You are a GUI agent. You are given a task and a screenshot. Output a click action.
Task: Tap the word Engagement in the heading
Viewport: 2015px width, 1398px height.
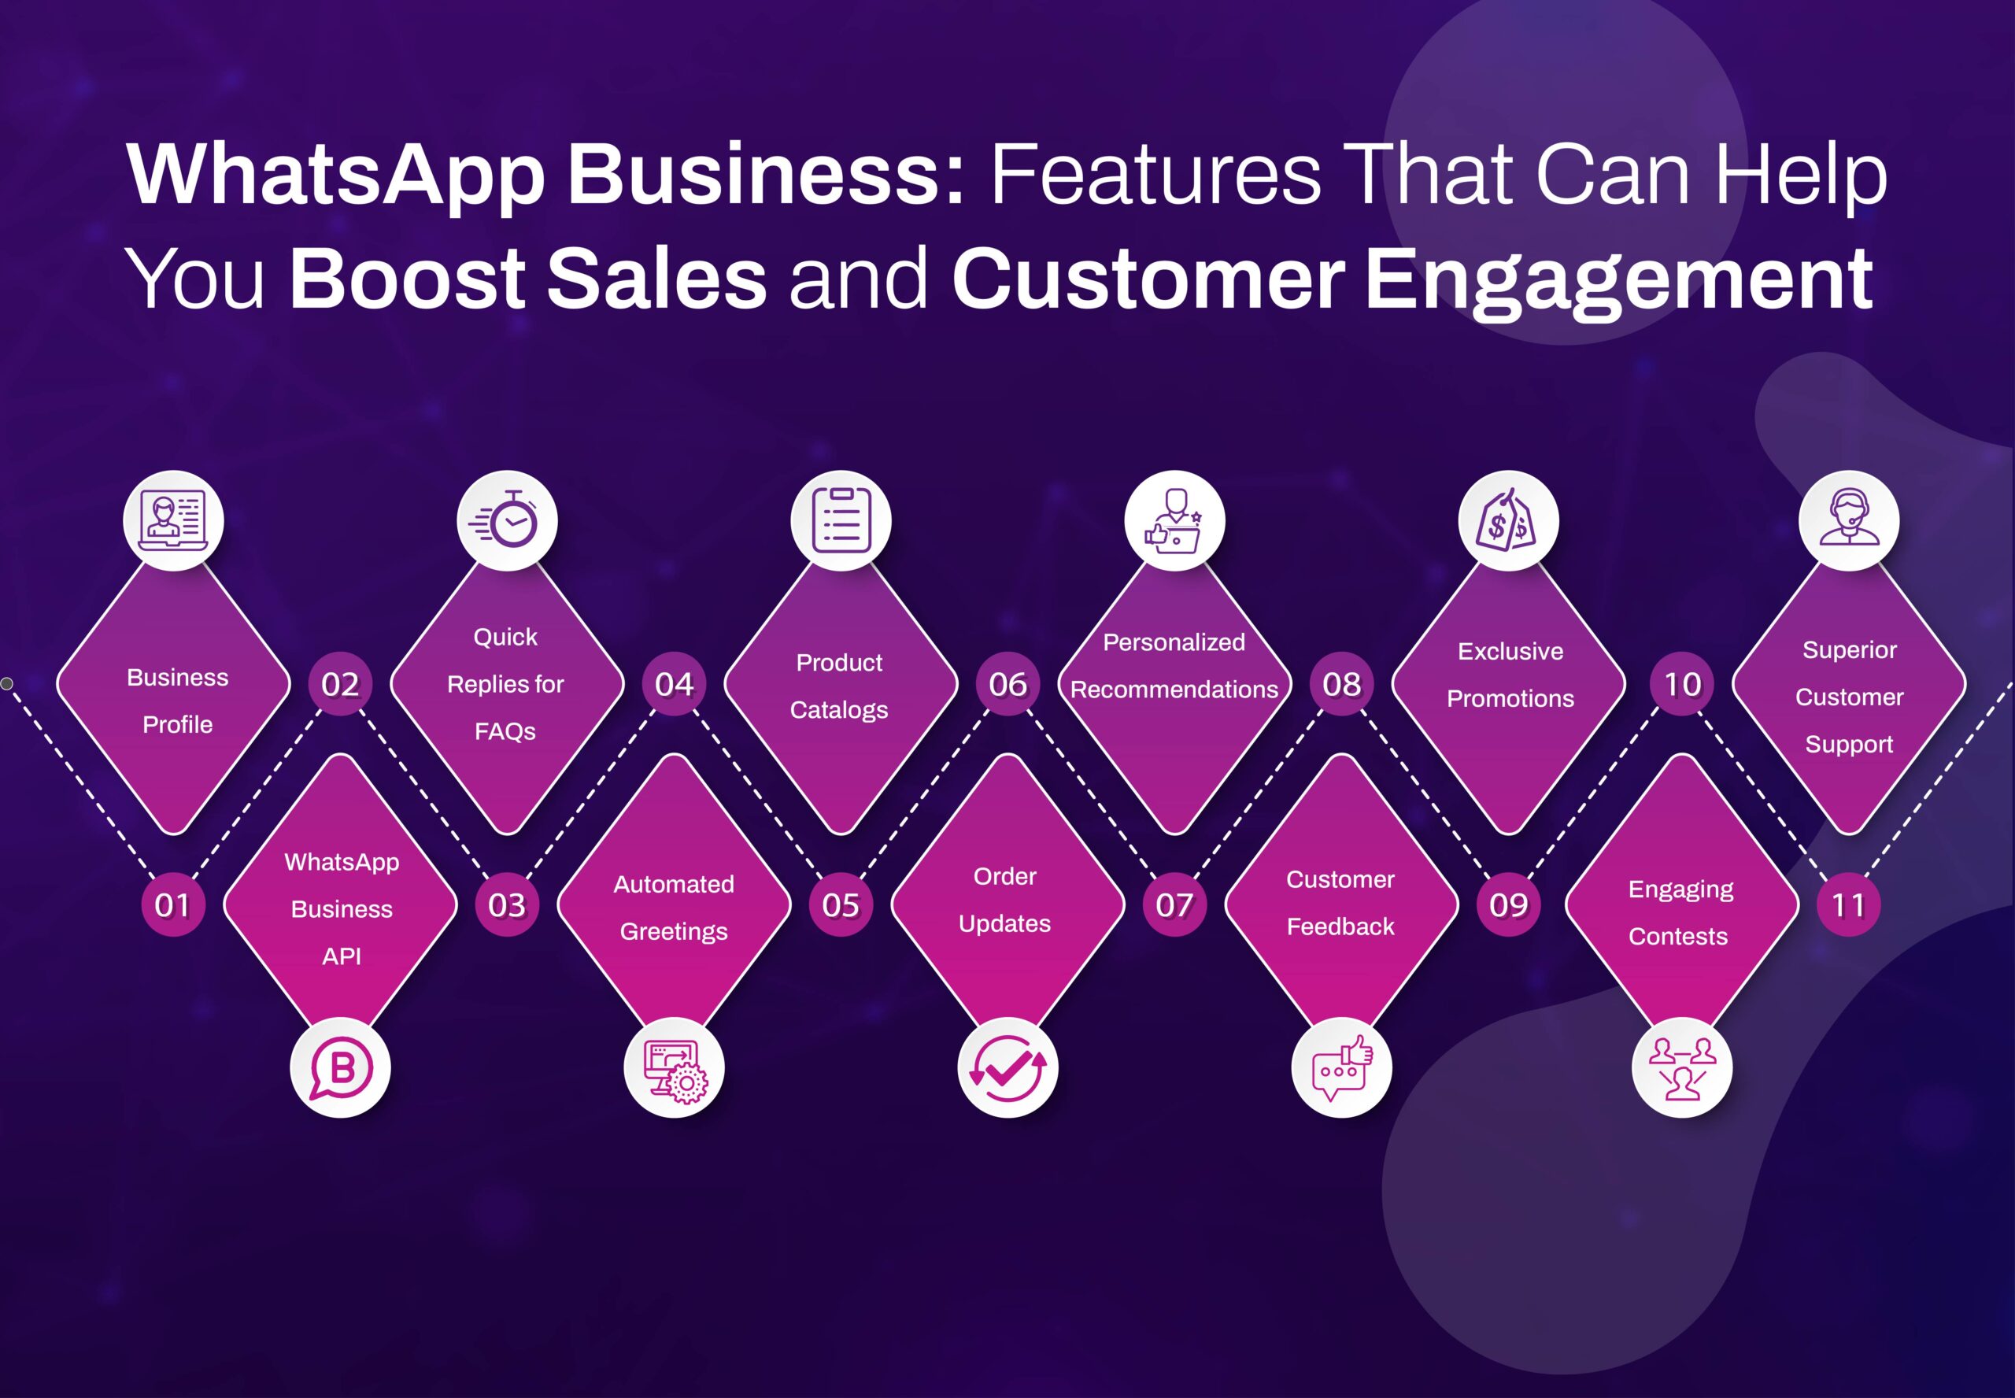pyautogui.click(x=1618, y=280)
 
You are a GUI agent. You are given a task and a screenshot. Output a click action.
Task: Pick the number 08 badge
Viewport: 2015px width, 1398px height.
pyautogui.click(x=1341, y=683)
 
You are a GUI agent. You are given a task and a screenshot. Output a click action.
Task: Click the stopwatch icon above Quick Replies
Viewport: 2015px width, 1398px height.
pyautogui.click(x=507, y=520)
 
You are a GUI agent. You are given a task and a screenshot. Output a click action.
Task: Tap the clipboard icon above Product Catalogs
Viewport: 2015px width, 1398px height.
pyautogui.click(x=841, y=520)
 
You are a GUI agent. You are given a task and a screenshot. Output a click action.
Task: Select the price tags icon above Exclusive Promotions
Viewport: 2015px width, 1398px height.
pyautogui.click(x=1508, y=520)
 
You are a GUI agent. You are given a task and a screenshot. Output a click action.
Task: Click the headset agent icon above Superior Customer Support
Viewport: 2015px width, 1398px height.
pyautogui.click(x=1849, y=520)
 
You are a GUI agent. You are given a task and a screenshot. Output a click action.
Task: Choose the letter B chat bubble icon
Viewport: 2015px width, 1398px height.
pyautogui.click(x=341, y=1067)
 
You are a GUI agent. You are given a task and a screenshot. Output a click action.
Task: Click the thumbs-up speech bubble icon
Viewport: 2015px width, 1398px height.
pyautogui.click(x=1341, y=1067)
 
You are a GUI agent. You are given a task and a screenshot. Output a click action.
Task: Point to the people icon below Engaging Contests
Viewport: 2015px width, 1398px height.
pyautogui.click(x=1681, y=1067)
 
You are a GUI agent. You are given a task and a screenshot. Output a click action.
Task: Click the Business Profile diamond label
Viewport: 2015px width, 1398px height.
pyautogui.click(x=178, y=701)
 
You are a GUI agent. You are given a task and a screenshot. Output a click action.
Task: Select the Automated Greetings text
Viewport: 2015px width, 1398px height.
pyautogui.click(x=674, y=908)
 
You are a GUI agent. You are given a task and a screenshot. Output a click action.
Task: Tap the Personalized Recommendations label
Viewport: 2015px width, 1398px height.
pyautogui.click(x=1174, y=666)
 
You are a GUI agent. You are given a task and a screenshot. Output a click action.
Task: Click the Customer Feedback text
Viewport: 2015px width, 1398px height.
pyautogui.click(x=1340, y=902)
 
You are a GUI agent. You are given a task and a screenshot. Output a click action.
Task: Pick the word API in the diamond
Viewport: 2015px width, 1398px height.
pyautogui.click(x=342, y=956)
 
